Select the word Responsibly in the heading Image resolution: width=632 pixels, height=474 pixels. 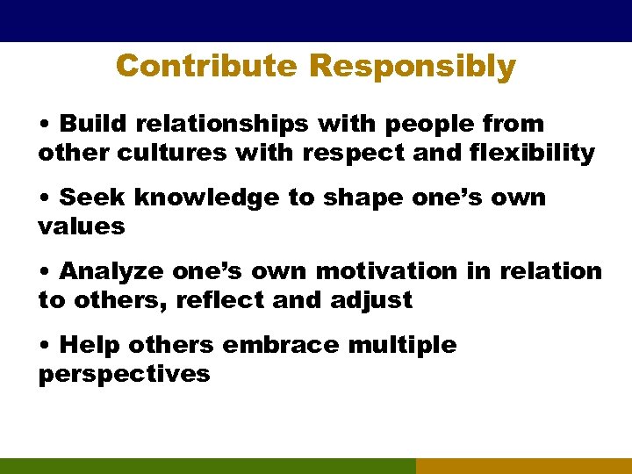(x=413, y=66)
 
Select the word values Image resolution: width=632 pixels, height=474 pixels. (x=82, y=227)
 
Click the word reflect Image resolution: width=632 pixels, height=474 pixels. (x=220, y=300)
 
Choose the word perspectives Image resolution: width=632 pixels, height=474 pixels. (x=124, y=375)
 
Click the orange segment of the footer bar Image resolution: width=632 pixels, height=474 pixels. (x=523, y=466)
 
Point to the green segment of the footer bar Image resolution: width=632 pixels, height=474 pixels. (x=207, y=466)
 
